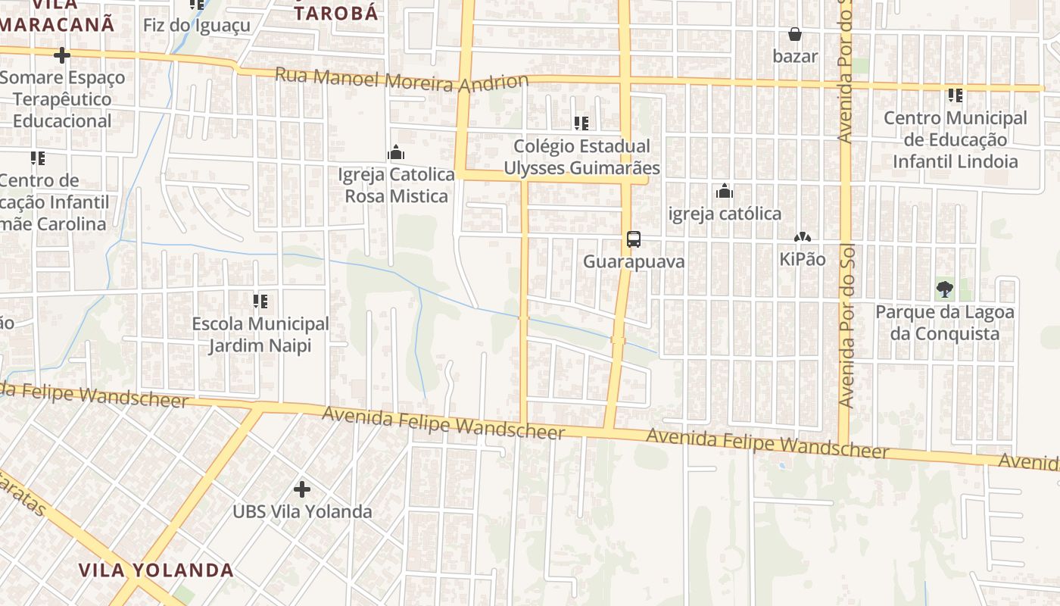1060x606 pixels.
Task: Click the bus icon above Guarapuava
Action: pos(634,239)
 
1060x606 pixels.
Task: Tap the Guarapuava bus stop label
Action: pos(634,262)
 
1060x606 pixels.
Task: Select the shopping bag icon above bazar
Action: pos(795,34)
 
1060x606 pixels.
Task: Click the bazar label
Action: pos(795,56)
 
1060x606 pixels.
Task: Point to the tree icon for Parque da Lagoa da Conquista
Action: pos(944,289)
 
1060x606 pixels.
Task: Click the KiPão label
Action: pos(803,259)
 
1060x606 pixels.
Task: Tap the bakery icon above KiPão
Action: pos(803,238)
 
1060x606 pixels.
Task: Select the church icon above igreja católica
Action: pos(725,192)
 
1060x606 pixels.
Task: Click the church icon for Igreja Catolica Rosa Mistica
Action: pos(396,153)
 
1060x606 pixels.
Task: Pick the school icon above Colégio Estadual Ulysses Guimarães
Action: pos(581,123)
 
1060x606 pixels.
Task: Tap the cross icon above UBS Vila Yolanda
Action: pos(302,489)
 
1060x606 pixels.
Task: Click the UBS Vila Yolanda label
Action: pos(302,512)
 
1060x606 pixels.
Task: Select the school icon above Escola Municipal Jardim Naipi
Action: pos(260,301)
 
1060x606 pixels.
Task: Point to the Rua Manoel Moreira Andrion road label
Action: pos(401,80)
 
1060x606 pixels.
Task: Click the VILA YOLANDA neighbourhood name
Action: pos(157,570)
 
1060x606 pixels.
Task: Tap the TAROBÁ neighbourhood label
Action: pos(335,13)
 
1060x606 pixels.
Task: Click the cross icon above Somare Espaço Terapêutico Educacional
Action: pos(62,55)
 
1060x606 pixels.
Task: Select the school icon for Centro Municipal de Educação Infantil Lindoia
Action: pos(956,95)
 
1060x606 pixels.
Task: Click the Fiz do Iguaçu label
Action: pos(196,25)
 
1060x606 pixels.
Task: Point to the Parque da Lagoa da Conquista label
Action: pos(945,323)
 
